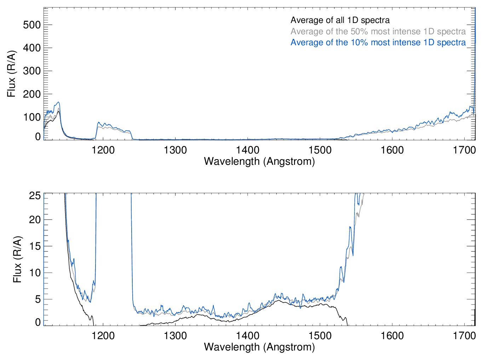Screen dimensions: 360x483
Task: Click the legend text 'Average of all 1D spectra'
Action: tap(340, 20)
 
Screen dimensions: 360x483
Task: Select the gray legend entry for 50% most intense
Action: tap(378, 31)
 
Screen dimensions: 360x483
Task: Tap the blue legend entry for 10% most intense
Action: tap(378, 42)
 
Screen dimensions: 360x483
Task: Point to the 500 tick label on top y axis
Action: tap(32, 25)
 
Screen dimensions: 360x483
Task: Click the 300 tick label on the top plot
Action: tap(32, 71)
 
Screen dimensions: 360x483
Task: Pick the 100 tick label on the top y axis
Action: tap(32, 117)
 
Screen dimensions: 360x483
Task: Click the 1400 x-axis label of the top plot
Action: tap(248, 150)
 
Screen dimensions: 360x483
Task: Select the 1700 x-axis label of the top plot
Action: tap(464, 150)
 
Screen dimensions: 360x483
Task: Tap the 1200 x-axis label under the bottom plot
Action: tap(103, 335)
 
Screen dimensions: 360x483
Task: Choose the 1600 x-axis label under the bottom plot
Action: tap(392, 335)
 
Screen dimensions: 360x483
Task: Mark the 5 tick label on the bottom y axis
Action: tap(38, 299)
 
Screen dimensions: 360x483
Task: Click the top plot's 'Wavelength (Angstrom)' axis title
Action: tap(259, 161)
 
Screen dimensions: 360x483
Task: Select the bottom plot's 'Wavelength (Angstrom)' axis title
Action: tap(259, 347)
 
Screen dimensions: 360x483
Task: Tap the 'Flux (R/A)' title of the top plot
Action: tap(11, 74)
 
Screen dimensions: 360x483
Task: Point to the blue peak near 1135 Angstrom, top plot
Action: tap(58, 102)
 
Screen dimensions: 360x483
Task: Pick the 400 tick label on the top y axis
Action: tap(32, 48)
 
